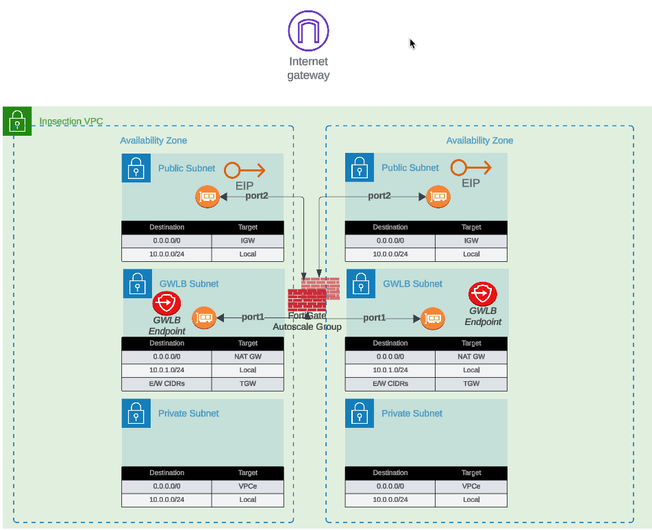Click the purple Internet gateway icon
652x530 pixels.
308,30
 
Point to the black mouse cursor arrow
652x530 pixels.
412,44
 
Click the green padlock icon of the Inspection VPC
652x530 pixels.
16,121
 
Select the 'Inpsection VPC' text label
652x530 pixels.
71,121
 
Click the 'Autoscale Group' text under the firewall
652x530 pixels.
307,327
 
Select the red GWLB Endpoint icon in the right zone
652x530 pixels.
483,294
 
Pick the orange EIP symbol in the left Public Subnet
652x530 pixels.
244,169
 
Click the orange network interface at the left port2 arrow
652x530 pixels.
207,197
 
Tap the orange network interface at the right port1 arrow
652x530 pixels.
432,319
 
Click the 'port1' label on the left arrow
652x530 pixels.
253,317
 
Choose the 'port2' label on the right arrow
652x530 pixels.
379,196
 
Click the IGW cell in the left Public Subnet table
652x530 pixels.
247,241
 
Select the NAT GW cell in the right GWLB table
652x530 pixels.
471,357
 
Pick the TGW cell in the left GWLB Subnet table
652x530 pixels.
247,383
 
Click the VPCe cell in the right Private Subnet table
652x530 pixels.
471,486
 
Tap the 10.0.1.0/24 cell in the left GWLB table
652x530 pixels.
166,370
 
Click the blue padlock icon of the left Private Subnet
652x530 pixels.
136,413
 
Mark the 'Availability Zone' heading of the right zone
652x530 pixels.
479,141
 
